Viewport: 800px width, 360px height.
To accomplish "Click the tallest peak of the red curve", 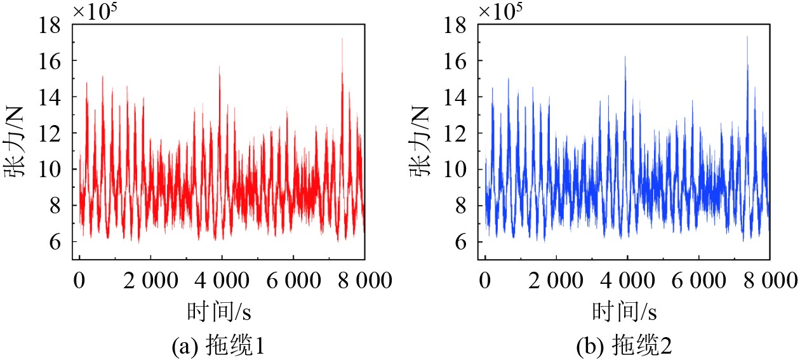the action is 342,39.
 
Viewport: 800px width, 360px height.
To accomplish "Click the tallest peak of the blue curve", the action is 747,36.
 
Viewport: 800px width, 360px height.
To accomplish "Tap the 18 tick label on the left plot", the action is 50,25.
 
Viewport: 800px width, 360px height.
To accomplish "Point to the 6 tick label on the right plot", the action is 461,242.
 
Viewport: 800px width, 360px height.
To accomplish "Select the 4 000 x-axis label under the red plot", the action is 222,281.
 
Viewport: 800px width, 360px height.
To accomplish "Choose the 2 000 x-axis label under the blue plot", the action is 556,281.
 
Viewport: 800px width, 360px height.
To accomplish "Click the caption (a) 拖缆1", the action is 218,345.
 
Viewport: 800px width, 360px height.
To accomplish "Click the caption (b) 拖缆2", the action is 624,345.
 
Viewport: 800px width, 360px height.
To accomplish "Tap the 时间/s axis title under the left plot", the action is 219,311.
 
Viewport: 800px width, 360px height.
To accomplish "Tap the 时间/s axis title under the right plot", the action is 624,311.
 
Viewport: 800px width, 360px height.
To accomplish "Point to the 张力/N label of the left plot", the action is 14,142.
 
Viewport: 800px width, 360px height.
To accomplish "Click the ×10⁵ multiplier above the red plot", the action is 95,11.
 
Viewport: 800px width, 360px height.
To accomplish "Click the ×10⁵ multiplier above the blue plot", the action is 500,11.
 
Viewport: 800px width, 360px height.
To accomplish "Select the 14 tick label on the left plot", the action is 50,98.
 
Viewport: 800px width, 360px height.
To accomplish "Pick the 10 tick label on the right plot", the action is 455,170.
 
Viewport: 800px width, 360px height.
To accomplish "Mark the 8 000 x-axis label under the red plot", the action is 365,281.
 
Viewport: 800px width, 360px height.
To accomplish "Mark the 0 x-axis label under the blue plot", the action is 484,281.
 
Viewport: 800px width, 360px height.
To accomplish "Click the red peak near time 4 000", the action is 219,67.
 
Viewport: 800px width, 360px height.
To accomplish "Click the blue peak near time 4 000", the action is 625,57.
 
